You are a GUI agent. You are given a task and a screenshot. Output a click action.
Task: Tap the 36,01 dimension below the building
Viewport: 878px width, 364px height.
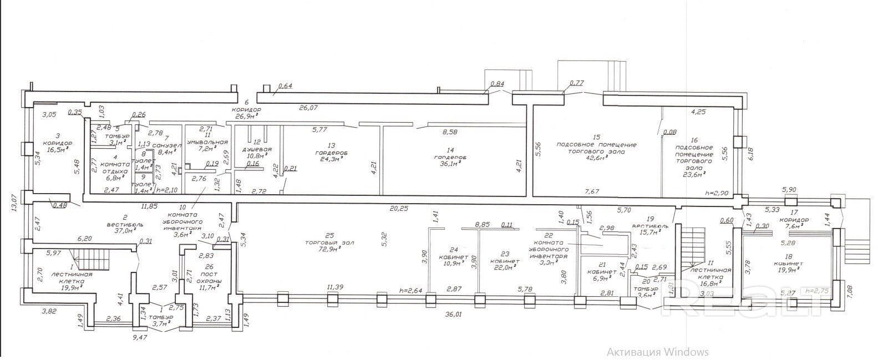tap(454, 315)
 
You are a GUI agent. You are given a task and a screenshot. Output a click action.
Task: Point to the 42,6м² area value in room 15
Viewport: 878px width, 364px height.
tap(597, 157)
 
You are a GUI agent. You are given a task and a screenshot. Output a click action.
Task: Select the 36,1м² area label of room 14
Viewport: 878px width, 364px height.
tap(450, 164)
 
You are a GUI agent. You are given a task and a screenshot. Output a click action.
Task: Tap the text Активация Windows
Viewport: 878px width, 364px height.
tap(657, 352)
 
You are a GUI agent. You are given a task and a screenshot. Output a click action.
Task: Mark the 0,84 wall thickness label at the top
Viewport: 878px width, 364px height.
tap(498, 84)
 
